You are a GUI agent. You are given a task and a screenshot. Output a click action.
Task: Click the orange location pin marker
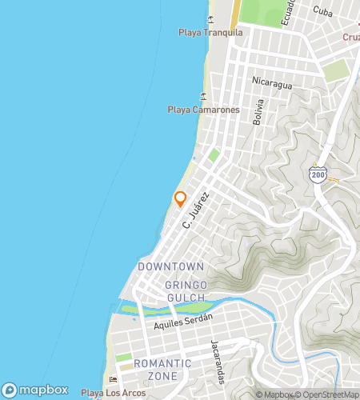180,199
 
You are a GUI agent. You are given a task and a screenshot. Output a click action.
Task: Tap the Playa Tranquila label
210,33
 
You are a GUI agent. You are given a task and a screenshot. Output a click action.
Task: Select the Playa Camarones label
203,110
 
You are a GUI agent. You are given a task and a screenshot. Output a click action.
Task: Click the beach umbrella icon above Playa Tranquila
210,18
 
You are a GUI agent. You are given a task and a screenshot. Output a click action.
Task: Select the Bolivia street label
258,112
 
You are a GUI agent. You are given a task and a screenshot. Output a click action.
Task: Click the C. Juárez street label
195,214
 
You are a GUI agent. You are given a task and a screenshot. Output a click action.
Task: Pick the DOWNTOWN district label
170,266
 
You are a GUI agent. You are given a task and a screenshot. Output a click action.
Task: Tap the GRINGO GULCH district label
186,291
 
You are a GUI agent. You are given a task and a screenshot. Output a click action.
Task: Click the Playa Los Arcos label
114,393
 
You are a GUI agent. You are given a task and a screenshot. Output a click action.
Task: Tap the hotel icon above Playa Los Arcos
113,379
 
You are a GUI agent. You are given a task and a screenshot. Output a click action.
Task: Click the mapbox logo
35,390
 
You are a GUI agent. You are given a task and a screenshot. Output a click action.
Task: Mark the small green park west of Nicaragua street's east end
337,70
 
